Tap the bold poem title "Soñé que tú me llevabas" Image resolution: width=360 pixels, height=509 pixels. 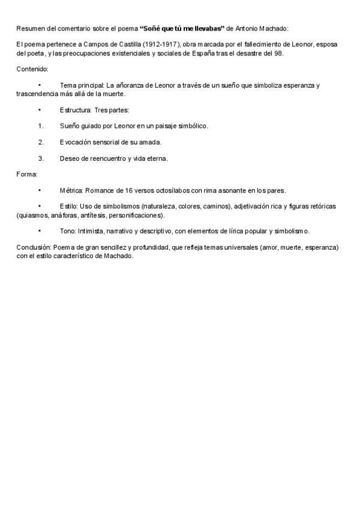coord(182,28)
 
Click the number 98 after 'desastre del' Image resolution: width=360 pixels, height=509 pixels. coord(278,53)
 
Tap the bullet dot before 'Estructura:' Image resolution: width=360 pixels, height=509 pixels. coord(40,110)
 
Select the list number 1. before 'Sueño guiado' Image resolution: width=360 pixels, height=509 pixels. coord(41,127)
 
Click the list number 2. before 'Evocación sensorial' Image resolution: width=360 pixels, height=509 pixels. coord(41,143)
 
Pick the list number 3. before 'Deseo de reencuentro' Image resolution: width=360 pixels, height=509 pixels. coord(41,159)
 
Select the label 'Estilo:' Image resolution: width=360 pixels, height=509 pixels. coord(68,206)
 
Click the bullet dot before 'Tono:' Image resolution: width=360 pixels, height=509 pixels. coord(40,231)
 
